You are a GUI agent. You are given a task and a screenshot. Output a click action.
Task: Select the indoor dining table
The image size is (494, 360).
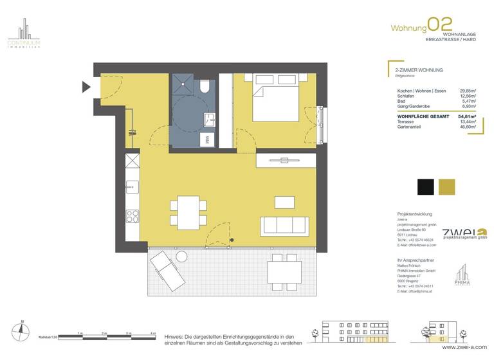point(189,213)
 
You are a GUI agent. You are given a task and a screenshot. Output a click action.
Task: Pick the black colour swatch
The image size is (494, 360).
point(425,187)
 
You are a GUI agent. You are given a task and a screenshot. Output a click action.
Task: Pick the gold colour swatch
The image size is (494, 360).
point(447,187)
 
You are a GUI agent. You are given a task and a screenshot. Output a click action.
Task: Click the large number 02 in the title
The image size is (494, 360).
point(441,25)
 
